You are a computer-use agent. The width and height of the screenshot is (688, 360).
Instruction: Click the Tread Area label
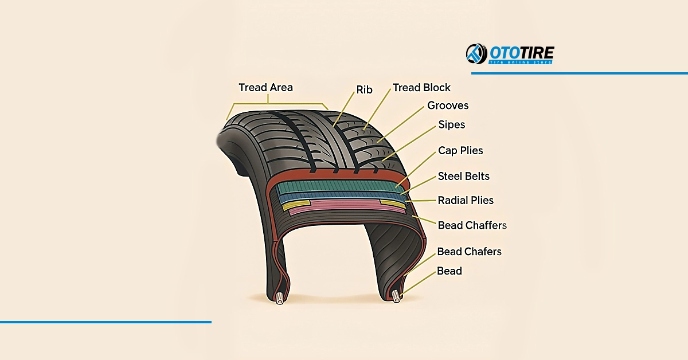265,88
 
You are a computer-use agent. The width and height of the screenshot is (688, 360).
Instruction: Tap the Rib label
364,90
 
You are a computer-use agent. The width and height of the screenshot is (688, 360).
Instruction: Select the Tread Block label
421,88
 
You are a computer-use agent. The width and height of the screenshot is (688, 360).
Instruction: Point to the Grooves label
448,105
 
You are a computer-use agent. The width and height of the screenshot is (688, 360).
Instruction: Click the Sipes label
451,124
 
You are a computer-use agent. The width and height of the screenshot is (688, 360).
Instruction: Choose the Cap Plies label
460,151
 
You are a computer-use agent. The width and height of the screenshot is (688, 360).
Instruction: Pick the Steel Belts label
464,176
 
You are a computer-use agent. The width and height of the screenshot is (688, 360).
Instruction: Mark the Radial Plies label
466,200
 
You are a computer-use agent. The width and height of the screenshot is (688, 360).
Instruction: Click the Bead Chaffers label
472,225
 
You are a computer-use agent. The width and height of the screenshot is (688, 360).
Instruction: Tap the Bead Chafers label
469,252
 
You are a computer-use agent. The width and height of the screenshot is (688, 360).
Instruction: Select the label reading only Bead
449,271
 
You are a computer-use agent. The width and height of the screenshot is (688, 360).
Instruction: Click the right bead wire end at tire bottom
396,296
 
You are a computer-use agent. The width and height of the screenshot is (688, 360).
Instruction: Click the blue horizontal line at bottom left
105,322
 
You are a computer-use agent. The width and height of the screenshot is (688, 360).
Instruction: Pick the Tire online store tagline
521,61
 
